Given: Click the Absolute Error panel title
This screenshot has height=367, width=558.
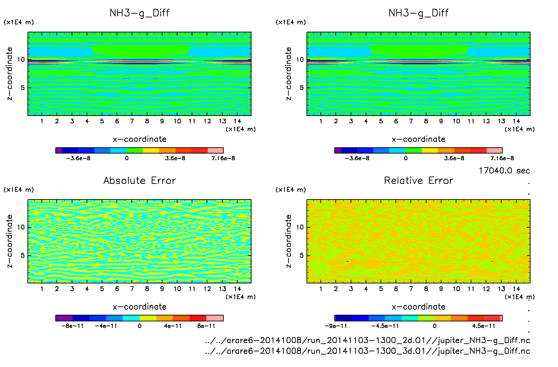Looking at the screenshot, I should click(x=139, y=180).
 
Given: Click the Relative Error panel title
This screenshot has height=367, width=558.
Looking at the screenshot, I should click(x=418, y=180).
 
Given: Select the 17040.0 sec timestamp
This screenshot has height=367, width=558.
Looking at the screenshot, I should click(x=504, y=171).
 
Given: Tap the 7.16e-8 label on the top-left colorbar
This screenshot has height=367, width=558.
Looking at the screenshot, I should click(x=223, y=158).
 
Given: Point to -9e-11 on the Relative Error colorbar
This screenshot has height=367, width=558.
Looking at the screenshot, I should click(x=336, y=326).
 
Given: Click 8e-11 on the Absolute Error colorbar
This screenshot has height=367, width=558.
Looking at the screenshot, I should click(x=206, y=326).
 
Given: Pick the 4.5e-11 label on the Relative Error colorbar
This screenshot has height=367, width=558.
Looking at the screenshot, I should click(x=484, y=326).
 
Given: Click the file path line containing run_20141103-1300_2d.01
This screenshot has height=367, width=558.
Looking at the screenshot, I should click(x=367, y=340).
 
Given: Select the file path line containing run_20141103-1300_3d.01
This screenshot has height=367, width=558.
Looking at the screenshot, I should click(x=367, y=351).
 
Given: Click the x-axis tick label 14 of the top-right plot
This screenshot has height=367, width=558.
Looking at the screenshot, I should click(x=516, y=121).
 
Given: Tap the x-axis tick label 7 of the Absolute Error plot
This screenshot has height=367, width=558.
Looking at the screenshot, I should click(x=132, y=289).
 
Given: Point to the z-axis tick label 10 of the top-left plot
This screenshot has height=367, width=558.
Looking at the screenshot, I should click(x=21, y=60).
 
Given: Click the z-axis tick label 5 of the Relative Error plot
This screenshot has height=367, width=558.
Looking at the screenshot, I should click(x=301, y=255).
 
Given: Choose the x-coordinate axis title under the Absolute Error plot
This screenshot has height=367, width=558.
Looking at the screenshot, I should click(x=139, y=307).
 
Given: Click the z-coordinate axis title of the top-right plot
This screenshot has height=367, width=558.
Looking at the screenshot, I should click(x=288, y=74).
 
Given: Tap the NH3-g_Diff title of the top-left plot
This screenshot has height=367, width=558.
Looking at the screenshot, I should click(x=139, y=13).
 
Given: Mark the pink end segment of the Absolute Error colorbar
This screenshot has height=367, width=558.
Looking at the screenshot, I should click(x=215, y=318).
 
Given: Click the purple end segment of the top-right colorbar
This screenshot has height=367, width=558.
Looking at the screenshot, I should click(x=337, y=150).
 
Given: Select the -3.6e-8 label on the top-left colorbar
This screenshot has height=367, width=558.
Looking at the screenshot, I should click(x=78, y=158).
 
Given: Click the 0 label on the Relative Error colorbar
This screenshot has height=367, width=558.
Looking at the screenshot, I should click(x=435, y=326).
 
